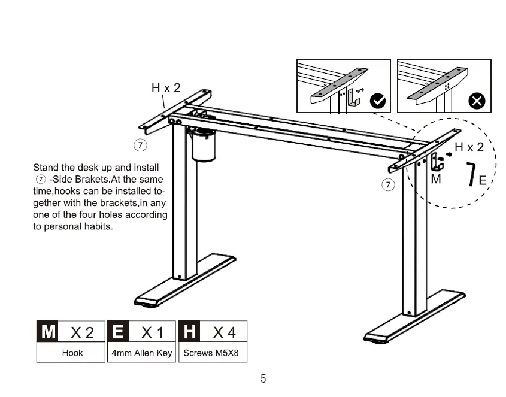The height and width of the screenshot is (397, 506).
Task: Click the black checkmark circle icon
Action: point(378,101)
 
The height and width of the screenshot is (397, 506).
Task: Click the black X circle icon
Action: point(477,101)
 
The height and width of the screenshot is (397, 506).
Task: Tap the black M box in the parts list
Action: point(49,331)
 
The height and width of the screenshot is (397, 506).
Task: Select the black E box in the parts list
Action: point(119,331)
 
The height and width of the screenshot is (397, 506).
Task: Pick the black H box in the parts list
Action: point(190,331)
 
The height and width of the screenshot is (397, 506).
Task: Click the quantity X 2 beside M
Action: point(83,332)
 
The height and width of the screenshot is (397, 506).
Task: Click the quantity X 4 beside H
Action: point(225,332)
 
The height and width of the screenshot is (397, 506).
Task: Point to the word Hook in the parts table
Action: point(72,353)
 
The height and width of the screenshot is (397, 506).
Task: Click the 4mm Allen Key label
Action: point(142,353)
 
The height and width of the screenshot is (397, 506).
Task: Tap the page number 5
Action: point(263,378)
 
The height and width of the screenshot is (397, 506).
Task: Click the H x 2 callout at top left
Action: point(166,88)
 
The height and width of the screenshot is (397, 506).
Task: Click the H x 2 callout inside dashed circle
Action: point(469,147)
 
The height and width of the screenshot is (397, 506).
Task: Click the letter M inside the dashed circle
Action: point(436,179)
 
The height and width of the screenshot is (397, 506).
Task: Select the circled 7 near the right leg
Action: point(389,184)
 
